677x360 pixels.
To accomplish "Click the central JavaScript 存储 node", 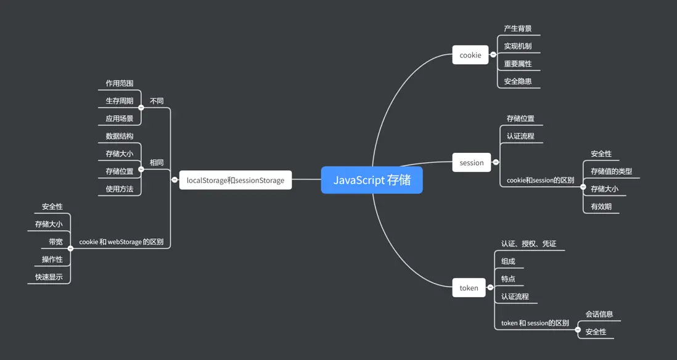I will [x=372, y=180].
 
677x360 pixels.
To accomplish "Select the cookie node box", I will [x=470, y=55].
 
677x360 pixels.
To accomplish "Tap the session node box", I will [x=471, y=163].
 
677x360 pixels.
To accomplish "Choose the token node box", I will [x=469, y=288].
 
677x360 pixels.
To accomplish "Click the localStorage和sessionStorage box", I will [x=235, y=180].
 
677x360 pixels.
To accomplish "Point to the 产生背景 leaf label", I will [x=517, y=28].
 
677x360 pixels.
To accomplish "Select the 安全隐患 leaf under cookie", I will [x=517, y=81].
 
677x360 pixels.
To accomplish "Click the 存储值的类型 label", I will [x=611, y=171].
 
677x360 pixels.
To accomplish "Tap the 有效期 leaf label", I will [x=601, y=207].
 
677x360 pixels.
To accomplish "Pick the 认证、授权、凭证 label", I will [x=528, y=243].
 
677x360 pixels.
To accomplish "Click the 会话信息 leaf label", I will [x=599, y=314].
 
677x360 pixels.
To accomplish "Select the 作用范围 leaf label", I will [x=119, y=83].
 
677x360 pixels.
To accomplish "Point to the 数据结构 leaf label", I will [x=119, y=136].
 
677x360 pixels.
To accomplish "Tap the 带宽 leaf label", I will [x=55, y=242].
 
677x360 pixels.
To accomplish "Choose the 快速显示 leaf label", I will [x=49, y=277].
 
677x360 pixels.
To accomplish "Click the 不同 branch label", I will [x=157, y=100].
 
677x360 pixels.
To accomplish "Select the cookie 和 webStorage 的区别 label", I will [x=121, y=242].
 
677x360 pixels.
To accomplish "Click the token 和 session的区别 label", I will [x=535, y=323].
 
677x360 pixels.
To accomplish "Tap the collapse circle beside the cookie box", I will [x=493, y=55].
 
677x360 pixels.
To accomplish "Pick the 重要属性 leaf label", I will [x=517, y=63].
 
